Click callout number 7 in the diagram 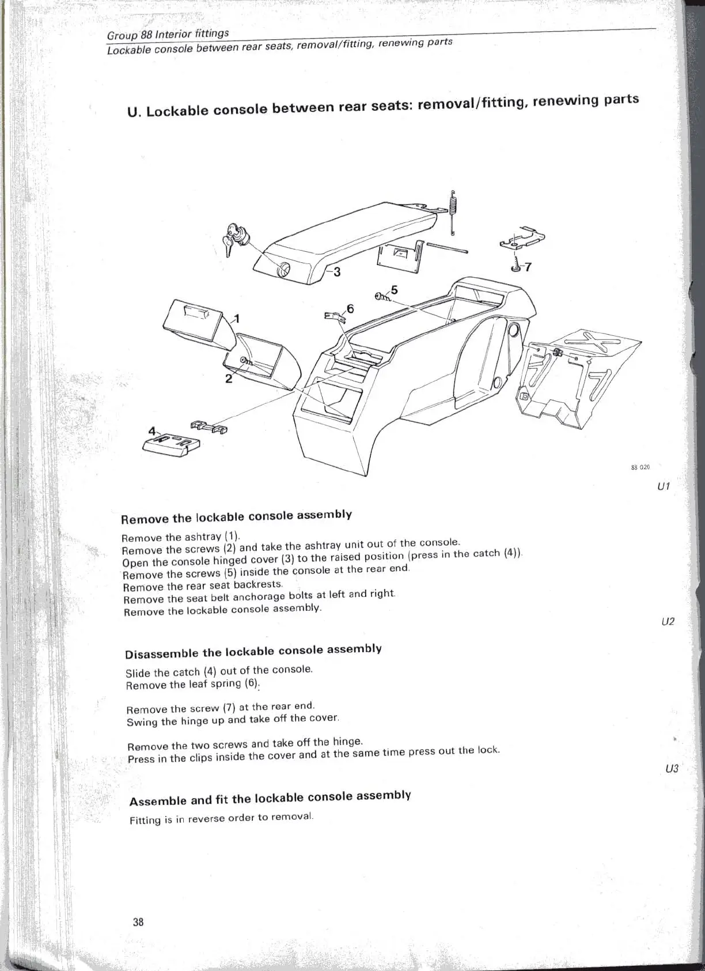528,267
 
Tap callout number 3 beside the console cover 337,271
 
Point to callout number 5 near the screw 394,290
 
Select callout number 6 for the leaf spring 350,309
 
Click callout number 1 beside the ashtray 236,319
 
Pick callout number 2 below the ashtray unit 229,379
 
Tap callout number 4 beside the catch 152,431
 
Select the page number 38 138,921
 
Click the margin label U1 663,486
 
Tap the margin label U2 668,622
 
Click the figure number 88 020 640,467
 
